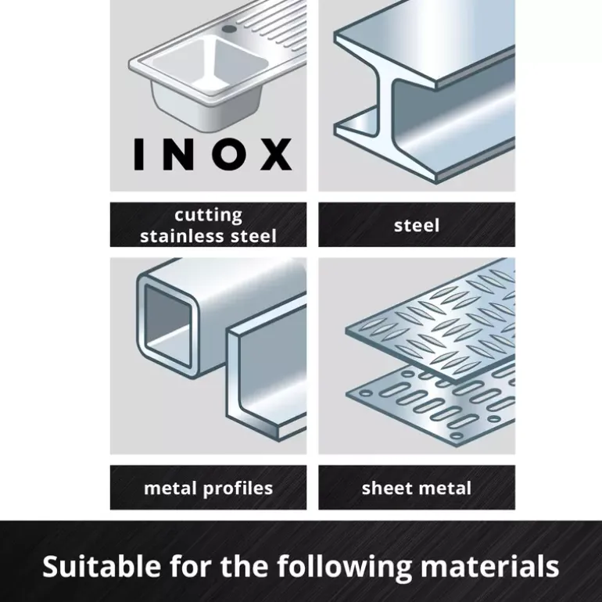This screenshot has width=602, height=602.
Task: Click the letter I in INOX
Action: (x=138, y=154)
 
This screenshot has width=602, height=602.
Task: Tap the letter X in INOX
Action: (x=276, y=154)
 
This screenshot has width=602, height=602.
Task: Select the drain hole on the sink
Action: (x=229, y=29)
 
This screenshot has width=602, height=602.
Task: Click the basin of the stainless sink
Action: (x=210, y=63)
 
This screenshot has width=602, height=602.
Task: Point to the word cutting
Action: (x=209, y=215)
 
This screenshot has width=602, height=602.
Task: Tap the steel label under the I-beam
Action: (x=417, y=225)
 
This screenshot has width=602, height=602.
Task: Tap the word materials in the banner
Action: (x=490, y=566)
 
